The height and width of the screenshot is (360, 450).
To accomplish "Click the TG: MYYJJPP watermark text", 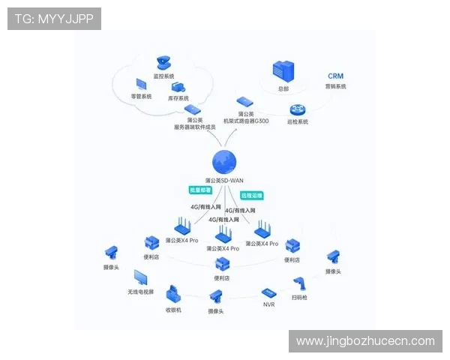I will (x=54, y=19).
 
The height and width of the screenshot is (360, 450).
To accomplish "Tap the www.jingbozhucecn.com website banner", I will (x=365, y=341).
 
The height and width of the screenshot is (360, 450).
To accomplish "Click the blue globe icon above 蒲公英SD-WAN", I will (x=224, y=161).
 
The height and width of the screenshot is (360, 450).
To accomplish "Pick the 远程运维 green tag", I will (x=251, y=195).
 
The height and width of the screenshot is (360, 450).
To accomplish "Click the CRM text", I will (x=335, y=76).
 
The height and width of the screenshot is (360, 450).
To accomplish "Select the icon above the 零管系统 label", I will (x=141, y=85).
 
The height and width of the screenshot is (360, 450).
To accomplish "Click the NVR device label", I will (x=269, y=305).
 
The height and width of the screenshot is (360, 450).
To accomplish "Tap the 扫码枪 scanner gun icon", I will (x=301, y=283).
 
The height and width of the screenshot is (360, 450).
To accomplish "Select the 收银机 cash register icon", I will (x=174, y=293).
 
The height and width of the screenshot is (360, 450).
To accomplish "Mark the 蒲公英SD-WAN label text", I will (x=224, y=181).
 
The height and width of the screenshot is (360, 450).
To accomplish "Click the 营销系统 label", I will (x=335, y=87).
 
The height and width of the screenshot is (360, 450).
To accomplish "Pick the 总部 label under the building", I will (x=283, y=88).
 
